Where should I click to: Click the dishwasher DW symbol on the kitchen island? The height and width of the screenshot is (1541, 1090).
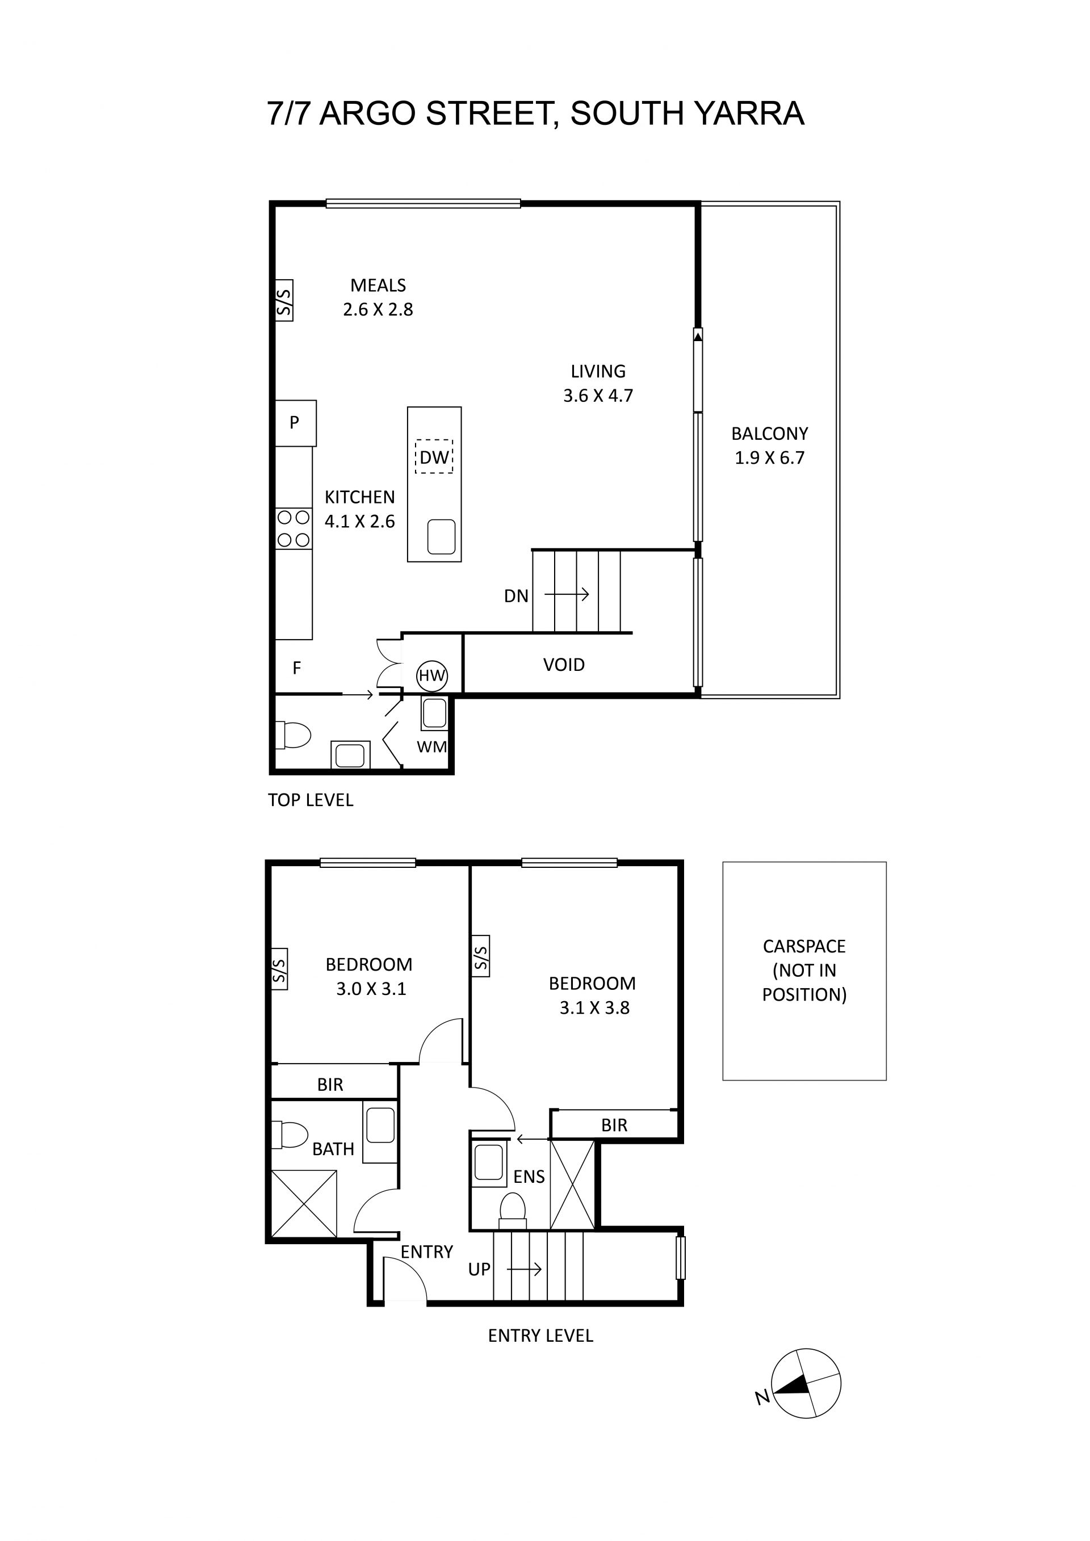coord(434,457)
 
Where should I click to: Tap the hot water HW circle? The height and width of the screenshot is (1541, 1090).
coord(431,676)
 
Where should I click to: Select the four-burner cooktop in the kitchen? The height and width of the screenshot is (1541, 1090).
coord(294,529)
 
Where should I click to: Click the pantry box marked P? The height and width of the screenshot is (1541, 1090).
coord(295,423)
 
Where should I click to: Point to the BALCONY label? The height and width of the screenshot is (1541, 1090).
coord(769,434)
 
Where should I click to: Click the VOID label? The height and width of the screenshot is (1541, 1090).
coord(564,665)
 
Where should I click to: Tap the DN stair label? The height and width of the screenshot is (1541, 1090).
coord(516,596)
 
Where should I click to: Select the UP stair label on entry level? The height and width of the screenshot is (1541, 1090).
coord(479,1269)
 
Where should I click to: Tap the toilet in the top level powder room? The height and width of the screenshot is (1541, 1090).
coord(294,734)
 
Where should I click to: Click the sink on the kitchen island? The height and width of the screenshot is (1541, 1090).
coord(441,537)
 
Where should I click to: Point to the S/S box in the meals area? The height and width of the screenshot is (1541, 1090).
coord(284,300)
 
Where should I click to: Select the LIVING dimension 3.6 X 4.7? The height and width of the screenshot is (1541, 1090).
coord(598,395)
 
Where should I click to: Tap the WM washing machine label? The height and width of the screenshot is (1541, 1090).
coord(431,746)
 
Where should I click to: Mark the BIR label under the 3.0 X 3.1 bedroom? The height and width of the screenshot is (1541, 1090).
coord(330,1085)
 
